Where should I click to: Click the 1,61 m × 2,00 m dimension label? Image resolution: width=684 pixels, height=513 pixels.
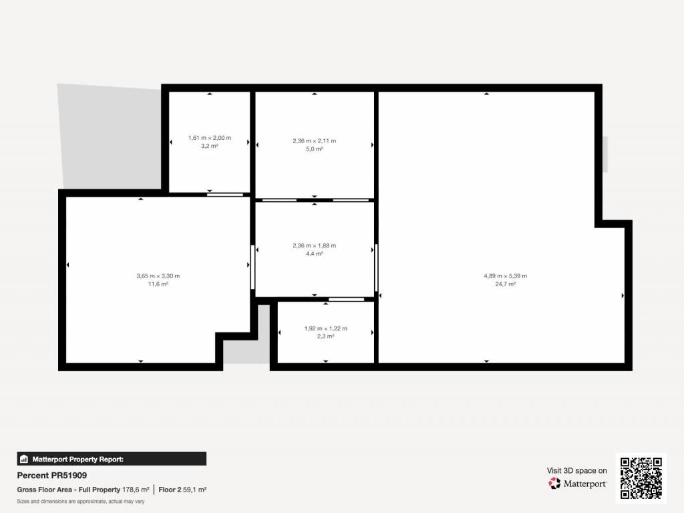click(210, 138)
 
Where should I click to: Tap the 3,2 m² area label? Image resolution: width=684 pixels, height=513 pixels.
click(210, 146)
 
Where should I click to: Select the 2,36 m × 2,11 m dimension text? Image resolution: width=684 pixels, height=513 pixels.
click(315, 140)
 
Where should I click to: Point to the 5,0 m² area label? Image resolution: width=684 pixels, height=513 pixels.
click(315, 149)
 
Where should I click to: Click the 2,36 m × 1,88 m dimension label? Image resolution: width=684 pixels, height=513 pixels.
click(315, 245)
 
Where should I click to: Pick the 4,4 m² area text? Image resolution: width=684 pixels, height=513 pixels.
click(315, 254)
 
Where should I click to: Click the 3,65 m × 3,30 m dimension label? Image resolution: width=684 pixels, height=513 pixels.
click(158, 276)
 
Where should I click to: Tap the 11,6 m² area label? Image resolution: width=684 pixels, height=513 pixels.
click(158, 284)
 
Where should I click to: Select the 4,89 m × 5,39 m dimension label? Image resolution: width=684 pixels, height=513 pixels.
click(505, 276)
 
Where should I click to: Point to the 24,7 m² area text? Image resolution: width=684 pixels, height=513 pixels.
click(505, 284)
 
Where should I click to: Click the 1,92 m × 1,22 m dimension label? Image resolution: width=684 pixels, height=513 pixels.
click(326, 328)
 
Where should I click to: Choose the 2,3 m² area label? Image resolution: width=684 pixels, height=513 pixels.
click(326, 336)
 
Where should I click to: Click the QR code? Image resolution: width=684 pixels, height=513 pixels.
click(641, 478)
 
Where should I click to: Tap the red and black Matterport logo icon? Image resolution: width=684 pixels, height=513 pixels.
click(554, 484)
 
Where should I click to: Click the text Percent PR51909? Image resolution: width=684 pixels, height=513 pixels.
click(52, 476)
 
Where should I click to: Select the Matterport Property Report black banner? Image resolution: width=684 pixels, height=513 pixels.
click(112, 459)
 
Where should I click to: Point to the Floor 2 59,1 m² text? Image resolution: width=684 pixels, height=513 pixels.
click(182, 490)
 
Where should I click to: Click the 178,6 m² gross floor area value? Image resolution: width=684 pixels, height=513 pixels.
click(136, 490)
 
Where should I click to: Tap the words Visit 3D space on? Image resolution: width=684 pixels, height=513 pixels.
click(576, 471)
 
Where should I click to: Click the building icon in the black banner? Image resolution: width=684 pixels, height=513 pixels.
click(24, 459)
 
